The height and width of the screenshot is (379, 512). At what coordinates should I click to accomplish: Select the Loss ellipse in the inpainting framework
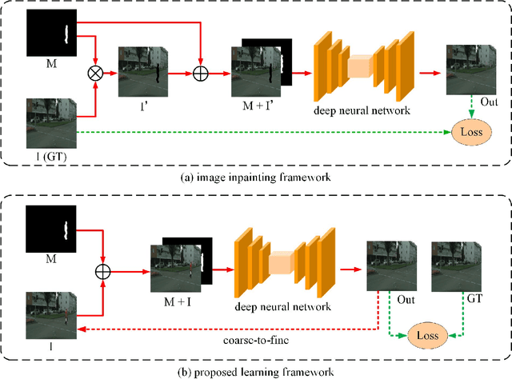click(470, 130)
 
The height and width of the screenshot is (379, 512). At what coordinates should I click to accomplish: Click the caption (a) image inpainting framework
click(256, 176)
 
